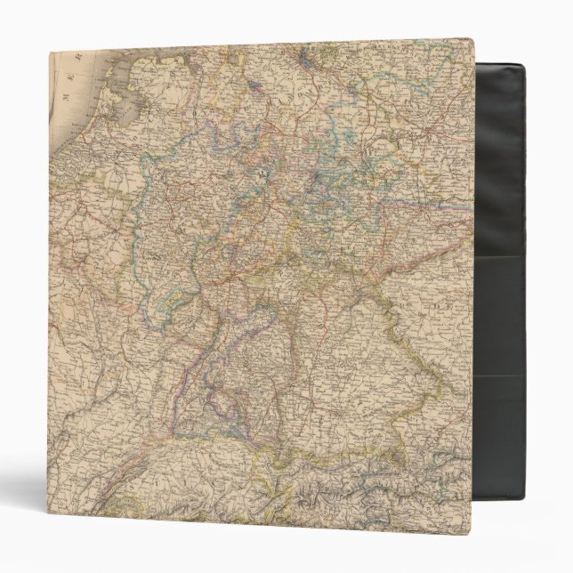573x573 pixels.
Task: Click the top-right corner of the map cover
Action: [x=475, y=40]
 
